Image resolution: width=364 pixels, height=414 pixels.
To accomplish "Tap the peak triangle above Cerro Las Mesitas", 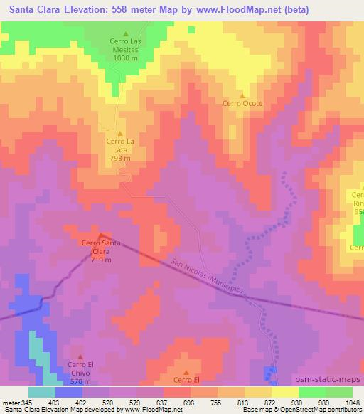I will (126, 33).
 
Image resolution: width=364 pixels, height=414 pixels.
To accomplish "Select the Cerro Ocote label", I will (242, 103).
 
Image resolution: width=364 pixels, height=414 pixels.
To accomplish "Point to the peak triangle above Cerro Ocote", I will (242, 95).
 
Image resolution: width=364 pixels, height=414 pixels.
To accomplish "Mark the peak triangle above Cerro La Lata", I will (120, 133).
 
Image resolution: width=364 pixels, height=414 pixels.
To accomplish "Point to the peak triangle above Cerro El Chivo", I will (80, 356).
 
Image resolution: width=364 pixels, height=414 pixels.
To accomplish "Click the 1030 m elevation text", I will (126, 58).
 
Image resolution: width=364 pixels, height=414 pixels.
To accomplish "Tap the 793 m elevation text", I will (120, 158).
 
